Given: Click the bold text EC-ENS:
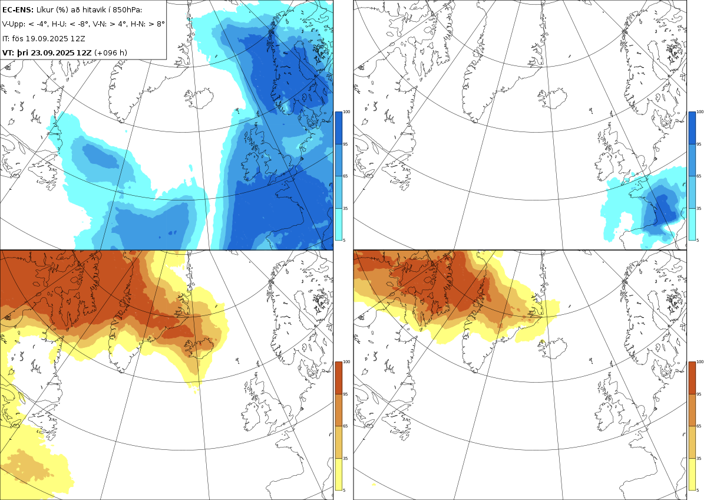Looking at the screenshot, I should [x=18, y=9].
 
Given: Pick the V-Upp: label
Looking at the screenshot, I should [x=14, y=24].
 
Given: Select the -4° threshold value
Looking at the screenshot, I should [x=41, y=24].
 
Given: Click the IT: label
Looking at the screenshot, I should [x=6, y=38].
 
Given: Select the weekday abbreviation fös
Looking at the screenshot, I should [x=18, y=38].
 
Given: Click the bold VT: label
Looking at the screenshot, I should [x=8, y=52].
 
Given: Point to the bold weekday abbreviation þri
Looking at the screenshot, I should [x=23, y=52].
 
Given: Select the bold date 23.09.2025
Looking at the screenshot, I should [x=53, y=52].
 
